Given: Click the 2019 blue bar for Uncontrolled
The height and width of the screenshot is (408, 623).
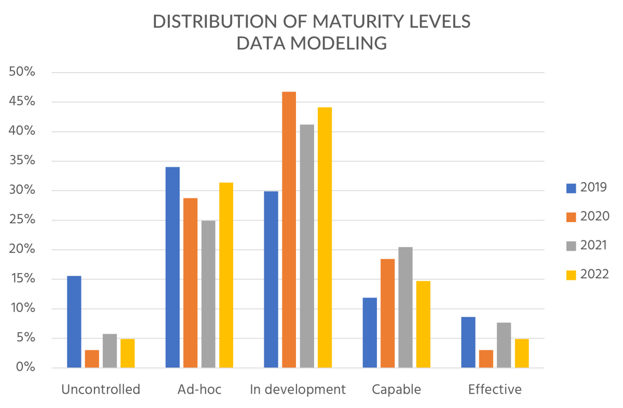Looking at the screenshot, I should (74, 322).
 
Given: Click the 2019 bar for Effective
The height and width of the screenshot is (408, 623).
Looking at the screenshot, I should (468, 343).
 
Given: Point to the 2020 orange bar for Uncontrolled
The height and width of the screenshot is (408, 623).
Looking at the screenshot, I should (92, 359).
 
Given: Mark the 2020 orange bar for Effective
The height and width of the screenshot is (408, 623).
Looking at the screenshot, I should (486, 359).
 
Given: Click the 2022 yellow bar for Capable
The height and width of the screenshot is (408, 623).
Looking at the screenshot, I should (423, 324).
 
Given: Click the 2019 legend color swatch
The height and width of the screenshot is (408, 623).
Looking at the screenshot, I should (571, 187).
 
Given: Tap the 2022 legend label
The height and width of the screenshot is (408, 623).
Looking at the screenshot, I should (594, 274).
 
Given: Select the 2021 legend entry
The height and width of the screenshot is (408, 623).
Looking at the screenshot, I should (594, 245).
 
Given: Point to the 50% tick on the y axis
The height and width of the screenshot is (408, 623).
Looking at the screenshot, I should (22, 72).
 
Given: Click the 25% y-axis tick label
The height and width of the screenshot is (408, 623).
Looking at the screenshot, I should (22, 220).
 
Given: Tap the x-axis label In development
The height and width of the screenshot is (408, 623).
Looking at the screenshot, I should (297, 389).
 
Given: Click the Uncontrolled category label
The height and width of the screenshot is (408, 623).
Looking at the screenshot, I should (101, 389).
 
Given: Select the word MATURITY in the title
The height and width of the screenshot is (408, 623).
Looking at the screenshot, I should (327, 22).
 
